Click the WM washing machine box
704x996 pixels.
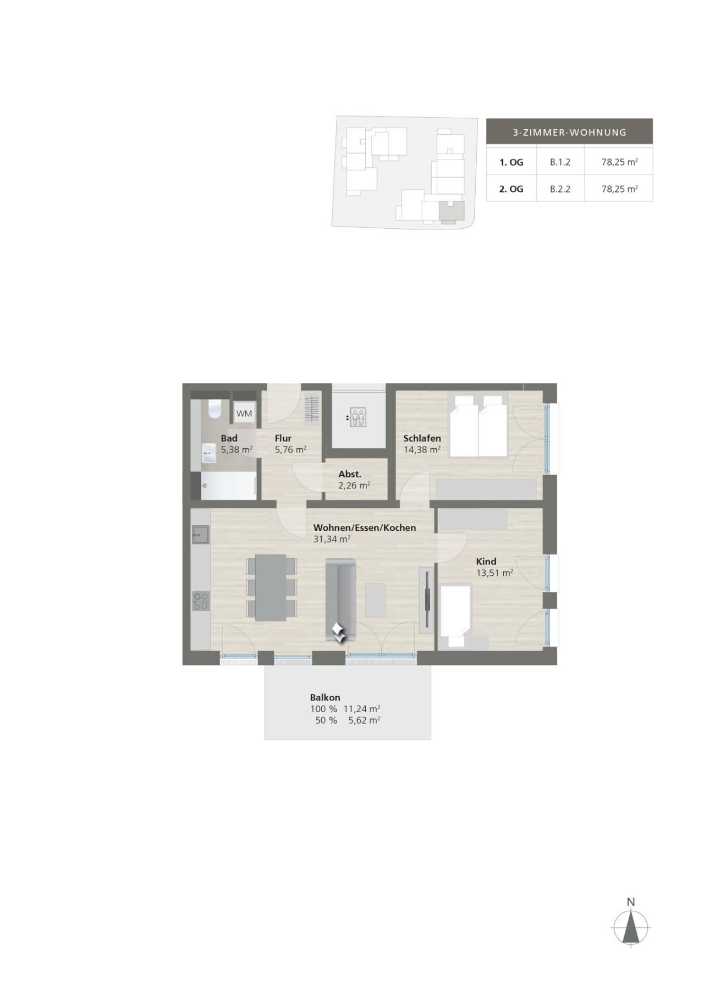[244, 413]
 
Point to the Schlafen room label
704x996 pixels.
[422, 438]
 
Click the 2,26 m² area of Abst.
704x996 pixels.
[354, 486]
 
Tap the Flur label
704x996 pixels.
[283, 438]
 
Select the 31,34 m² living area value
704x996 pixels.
[332, 540]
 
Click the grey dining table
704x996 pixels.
[271, 587]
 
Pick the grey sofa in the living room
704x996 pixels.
[341, 599]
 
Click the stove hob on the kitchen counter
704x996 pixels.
[200, 601]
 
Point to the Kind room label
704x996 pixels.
[486, 562]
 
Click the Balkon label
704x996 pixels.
[325, 697]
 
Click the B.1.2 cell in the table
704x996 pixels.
[560, 162]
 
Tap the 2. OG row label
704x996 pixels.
[511, 189]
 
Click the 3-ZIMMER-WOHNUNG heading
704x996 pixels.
[569, 133]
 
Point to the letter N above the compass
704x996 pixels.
[631, 902]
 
